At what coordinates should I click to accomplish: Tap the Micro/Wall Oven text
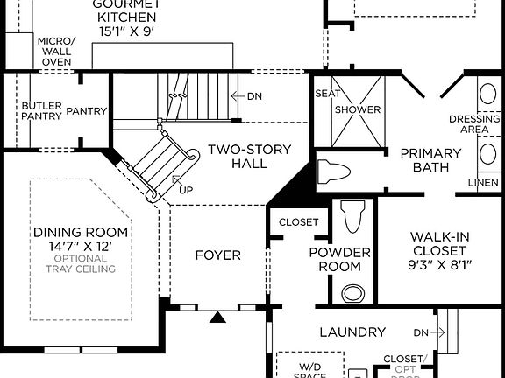click(56, 51)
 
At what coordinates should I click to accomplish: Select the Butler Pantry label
click(41, 111)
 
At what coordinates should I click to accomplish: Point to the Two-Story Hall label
click(248, 156)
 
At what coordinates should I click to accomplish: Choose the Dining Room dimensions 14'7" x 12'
click(81, 246)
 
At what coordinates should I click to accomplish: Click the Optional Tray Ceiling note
click(81, 263)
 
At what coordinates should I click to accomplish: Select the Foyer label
click(217, 255)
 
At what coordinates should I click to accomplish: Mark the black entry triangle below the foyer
click(217, 318)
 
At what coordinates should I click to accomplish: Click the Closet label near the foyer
click(299, 222)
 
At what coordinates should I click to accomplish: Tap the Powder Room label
click(340, 259)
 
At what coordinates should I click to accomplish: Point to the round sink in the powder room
click(352, 292)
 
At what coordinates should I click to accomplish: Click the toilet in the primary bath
click(334, 170)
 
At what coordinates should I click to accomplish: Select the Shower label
click(357, 109)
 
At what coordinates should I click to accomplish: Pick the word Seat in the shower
click(326, 93)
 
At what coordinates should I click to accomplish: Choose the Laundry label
click(352, 332)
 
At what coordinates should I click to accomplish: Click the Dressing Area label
click(468, 124)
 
